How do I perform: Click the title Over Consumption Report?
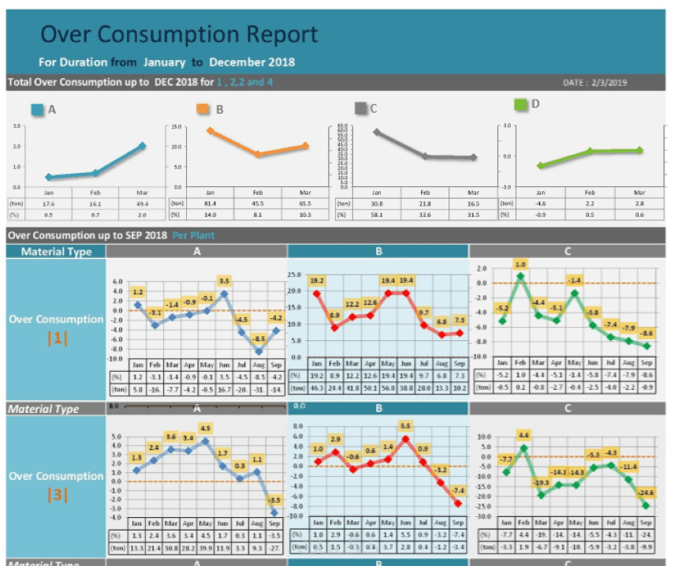click(x=179, y=35)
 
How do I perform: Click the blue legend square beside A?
click(x=37, y=111)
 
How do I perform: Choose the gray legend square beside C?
click(x=361, y=108)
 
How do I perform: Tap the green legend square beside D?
click(x=521, y=104)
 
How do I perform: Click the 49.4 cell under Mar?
click(x=142, y=203)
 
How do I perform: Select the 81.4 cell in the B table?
click(x=210, y=203)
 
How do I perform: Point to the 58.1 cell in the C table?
click(x=377, y=214)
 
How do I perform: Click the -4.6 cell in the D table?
click(x=540, y=203)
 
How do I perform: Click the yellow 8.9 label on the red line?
click(x=333, y=315)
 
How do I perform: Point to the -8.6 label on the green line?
click(x=646, y=333)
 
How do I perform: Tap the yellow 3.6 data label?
click(x=171, y=437)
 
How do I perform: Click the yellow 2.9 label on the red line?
click(x=335, y=439)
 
